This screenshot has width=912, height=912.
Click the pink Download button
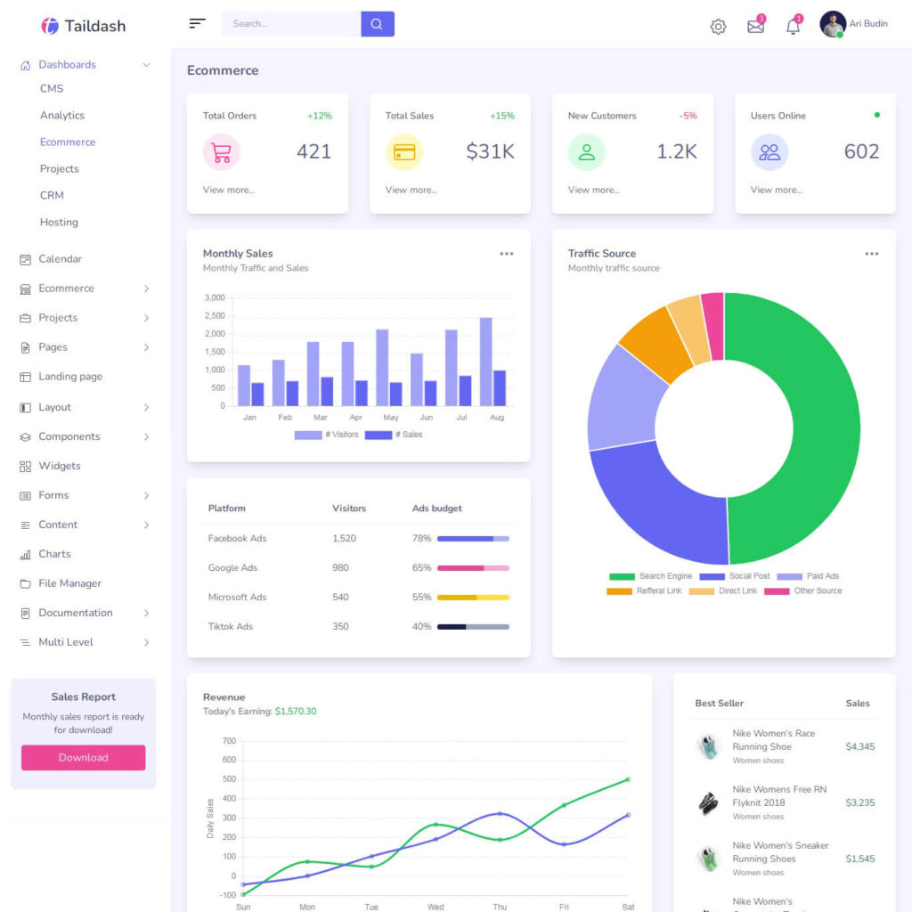coord(83,758)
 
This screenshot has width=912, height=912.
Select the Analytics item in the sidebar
coord(62,116)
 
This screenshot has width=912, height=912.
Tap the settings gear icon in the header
coord(718,27)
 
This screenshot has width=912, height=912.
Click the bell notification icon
coord(793,27)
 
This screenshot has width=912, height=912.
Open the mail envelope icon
coord(755,27)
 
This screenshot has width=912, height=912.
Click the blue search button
coord(377,24)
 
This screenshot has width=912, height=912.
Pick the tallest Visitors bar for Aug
coord(485,361)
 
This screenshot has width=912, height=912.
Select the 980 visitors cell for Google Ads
coord(340,568)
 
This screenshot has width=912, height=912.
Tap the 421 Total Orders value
coord(313,151)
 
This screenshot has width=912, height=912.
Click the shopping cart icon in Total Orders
coord(222,152)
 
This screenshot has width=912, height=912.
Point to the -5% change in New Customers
coord(688,116)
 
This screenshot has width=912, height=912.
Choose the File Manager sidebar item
coord(69,583)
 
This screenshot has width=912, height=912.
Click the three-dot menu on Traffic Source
coord(871,254)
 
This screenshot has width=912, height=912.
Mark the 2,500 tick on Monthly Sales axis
coord(215,316)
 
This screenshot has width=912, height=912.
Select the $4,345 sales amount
coord(859,747)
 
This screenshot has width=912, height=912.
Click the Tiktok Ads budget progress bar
coord(473,627)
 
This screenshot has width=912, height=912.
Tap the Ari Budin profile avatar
coord(833,24)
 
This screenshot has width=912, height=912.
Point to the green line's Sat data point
coord(628,779)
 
